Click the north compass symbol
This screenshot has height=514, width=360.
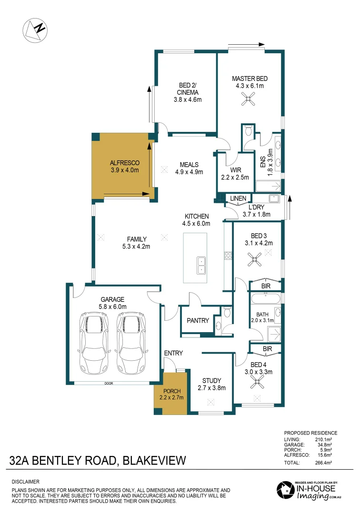36,30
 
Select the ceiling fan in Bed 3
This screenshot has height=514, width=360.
255,259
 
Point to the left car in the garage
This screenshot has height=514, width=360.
93,343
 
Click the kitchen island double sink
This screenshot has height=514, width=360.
201,265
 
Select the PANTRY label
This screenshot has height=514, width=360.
198,321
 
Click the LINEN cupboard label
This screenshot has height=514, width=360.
238,198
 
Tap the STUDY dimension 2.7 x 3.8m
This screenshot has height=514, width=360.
211,387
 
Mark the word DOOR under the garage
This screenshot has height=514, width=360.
109,383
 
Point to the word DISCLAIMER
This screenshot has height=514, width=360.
26,482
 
